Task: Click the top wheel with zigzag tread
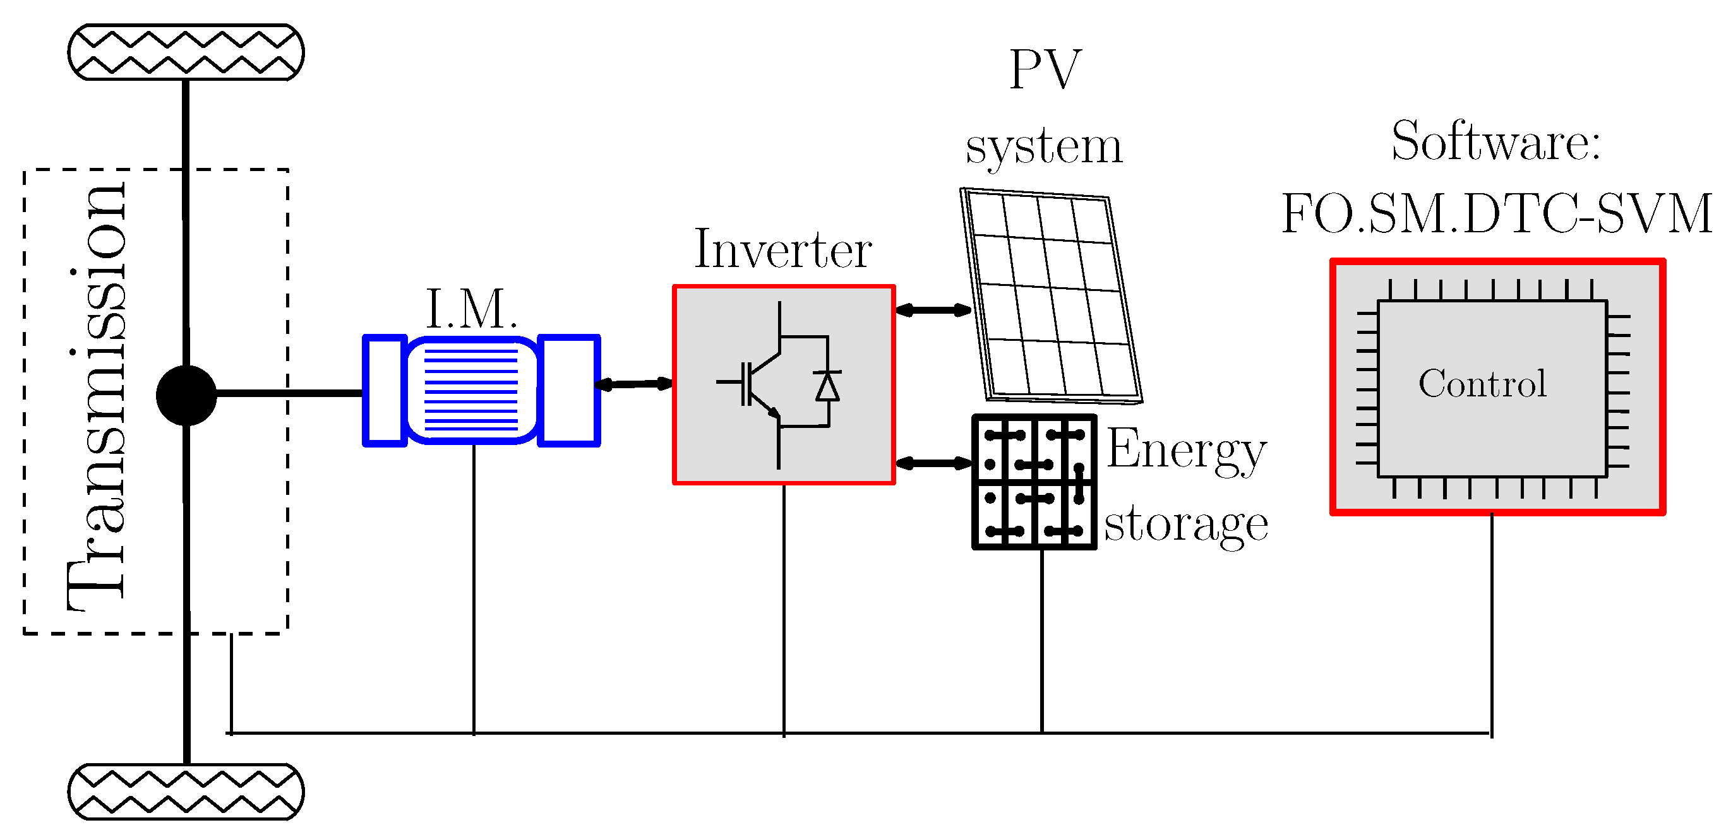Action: (x=186, y=52)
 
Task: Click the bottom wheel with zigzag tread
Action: (x=186, y=792)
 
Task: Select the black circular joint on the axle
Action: (x=186, y=395)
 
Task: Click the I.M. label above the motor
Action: (x=472, y=309)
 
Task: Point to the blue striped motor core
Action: (x=472, y=390)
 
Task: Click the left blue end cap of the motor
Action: (x=385, y=390)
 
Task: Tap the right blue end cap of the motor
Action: (x=569, y=390)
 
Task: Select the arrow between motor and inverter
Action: (x=634, y=384)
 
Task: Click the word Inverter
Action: (x=782, y=251)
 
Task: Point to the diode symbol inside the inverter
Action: (x=827, y=387)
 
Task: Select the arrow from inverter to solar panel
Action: (x=933, y=310)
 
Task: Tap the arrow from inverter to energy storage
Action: (x=933, y=463)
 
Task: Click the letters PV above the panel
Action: (x=1045, y=69)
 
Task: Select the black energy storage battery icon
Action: (x=1034, y=482)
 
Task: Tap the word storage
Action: (x=1186, y=525)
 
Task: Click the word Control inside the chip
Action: (x=1482, y=384)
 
